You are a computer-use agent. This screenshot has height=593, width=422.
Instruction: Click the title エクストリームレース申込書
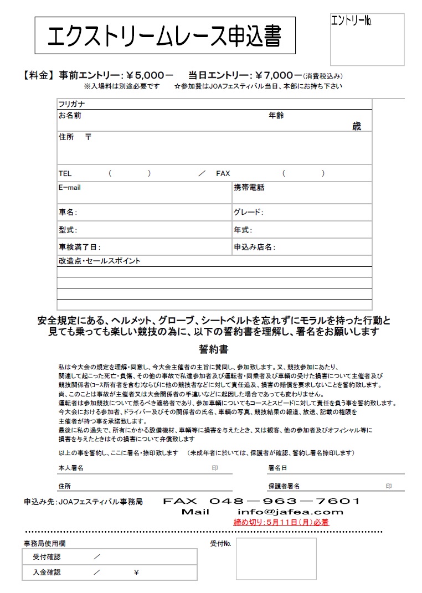coord(164,36)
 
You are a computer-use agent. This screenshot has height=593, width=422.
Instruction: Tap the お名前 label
coord(70,116)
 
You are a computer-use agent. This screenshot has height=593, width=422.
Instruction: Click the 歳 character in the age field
coord(356,126)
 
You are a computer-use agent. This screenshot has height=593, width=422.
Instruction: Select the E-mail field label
coord(70,188)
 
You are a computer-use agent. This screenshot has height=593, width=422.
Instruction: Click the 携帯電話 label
coord(249,188)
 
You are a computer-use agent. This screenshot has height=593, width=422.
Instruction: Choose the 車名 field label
coord(68,212)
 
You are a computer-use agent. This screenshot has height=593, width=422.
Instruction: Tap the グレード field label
coord(248,212)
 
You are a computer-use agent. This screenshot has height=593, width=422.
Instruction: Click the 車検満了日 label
coord(79,247)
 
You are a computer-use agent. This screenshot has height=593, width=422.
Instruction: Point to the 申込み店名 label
coord(254,247)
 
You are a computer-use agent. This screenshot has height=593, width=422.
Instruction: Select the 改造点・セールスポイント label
coord(100,261)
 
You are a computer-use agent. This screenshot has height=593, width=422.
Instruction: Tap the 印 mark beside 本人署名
coord(215,468)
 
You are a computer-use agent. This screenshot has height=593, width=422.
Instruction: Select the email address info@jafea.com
coord(290,512)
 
